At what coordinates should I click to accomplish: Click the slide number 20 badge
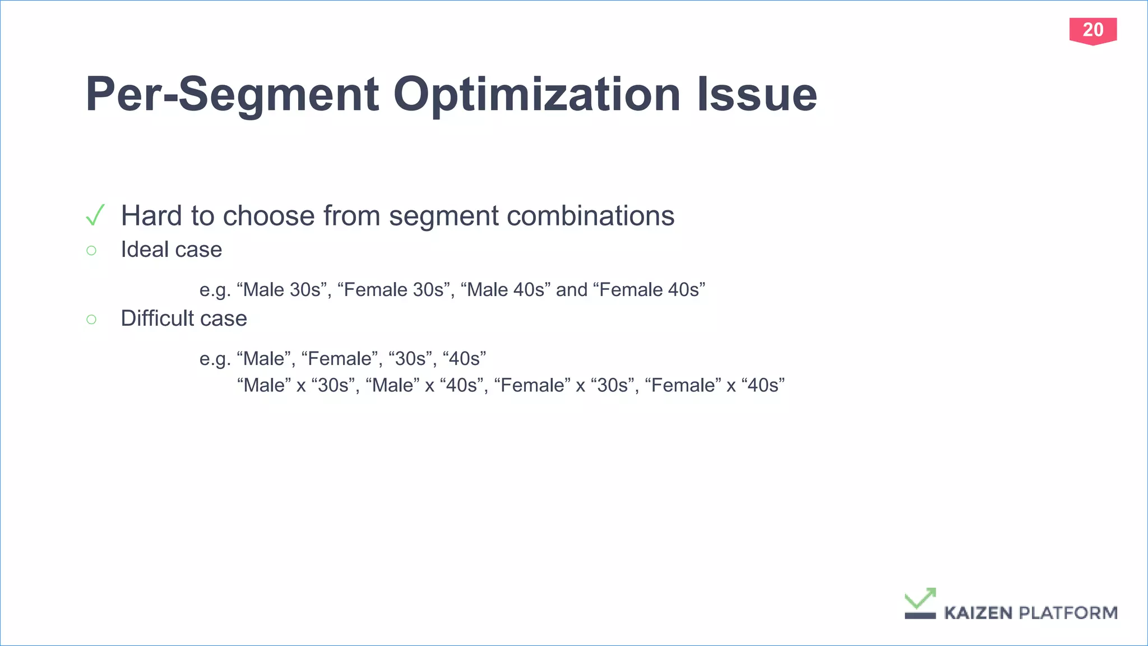click(1093, 30)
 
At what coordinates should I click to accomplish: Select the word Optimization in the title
click(537, 95)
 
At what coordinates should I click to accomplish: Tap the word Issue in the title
click(757, 95)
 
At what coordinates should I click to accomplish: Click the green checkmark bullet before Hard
click(95, 215)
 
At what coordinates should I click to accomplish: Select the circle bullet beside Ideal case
click(91, 250)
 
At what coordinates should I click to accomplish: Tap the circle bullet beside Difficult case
click(91, 319)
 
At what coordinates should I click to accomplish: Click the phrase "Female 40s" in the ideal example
click(649, 290)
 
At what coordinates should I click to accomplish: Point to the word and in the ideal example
click(571, 290)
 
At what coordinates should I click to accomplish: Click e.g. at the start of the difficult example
click(215, 359)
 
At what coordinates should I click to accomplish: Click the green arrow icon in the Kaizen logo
click(920, 599)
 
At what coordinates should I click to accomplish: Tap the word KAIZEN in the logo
click(978, 613)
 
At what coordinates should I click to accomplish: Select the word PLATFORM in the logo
click(1068, 613)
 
